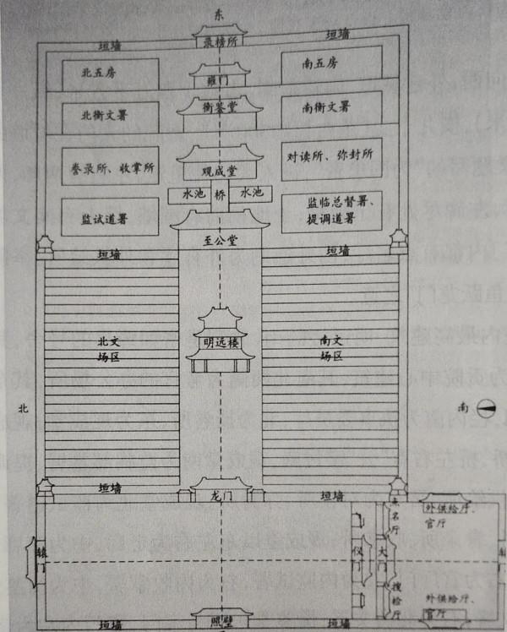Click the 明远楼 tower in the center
tap(220, 342)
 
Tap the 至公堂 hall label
tap(220, 240)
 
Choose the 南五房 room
tap(331, 64)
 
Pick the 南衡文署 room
tap(331, 108)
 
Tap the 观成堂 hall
tap(220, 166)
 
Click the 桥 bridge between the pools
tap(220, 193)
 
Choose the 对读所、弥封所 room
tap(331, 158)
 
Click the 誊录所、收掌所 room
tap(110, 167)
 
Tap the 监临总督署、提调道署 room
tap(331, 212)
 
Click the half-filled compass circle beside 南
tap(486, 408)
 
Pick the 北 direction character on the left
tap(24, 408)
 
